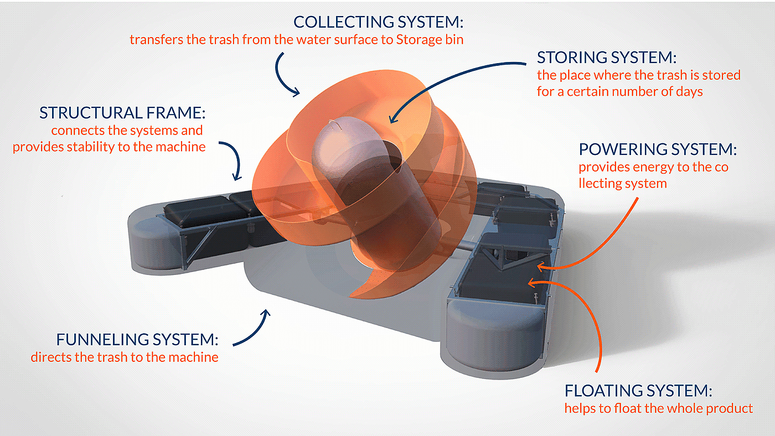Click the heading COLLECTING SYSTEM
tap(378, 23)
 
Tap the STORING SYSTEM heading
tap(607, 58)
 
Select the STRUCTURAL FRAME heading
tap(122, 113)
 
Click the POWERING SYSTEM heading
tap(658, 150)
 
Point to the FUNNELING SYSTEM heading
tap(138, 339)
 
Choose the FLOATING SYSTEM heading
tap(638, 391)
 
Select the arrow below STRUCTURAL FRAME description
tap(233, 160)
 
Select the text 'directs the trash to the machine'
tap(125, 357)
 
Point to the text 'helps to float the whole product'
tap(659, 409)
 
